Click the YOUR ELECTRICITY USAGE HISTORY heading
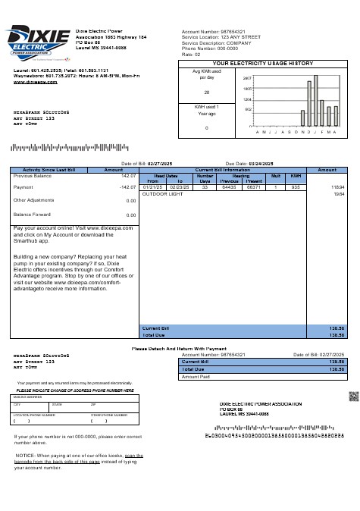(262, 63)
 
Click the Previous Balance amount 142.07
(128, 175)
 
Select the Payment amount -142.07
(127, 187)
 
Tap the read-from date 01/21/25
(152, 187)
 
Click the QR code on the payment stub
(352, 396)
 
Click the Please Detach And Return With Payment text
(180, 348)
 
